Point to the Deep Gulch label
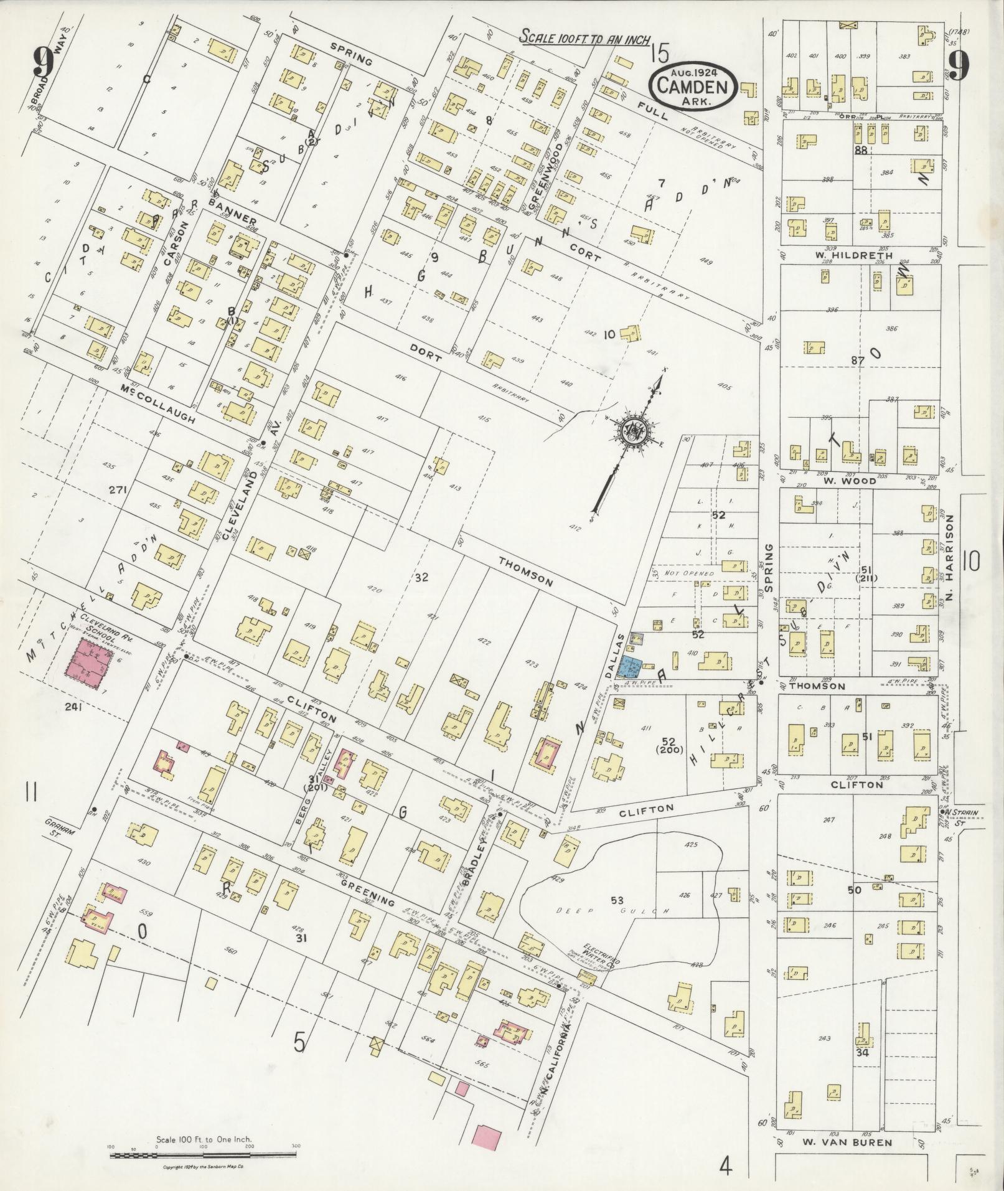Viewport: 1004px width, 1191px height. click(609, 911)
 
